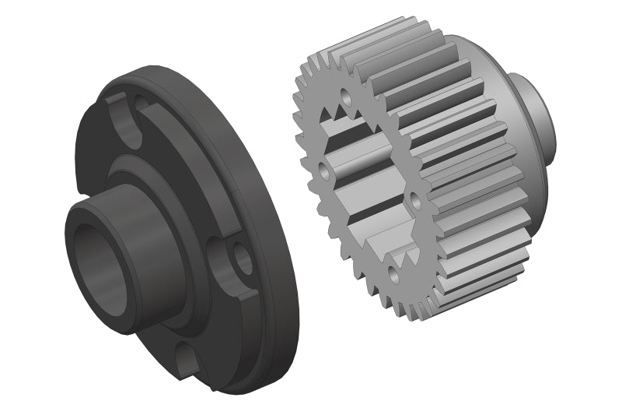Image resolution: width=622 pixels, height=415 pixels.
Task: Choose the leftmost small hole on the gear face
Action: click(x=320, y=168)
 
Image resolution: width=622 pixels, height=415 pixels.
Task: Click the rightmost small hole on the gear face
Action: click(x=415, y=202)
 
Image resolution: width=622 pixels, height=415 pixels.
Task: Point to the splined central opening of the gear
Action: click(x=365, y=187)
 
